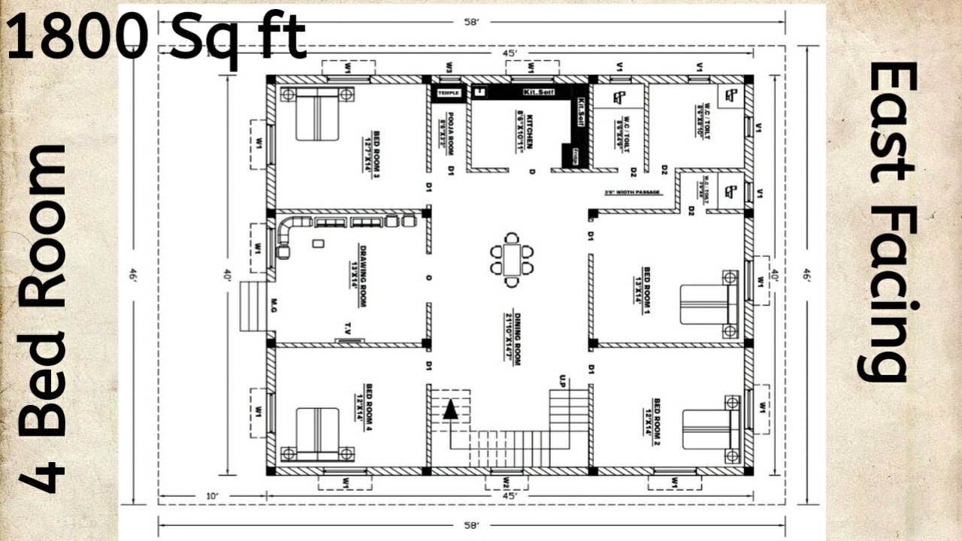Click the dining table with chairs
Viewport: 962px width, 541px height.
[x=512, y=260]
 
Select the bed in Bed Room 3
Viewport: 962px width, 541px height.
[x=317, y=113]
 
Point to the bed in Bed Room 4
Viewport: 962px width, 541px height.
[x=317, y=434]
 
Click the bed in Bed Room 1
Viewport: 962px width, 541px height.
[x=709, y=304]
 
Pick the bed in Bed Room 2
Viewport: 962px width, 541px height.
[x=711, y=430]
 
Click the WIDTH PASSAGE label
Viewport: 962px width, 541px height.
[x=633, y=193]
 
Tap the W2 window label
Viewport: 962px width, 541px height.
[x=507, y=481]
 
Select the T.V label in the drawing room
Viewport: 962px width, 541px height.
[x=348, y=327]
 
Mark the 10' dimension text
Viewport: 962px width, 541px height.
[x=212, y=496]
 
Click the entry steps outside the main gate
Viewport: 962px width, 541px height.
[x=253, y=306]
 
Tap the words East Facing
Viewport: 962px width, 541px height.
[x=893, y=222]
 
